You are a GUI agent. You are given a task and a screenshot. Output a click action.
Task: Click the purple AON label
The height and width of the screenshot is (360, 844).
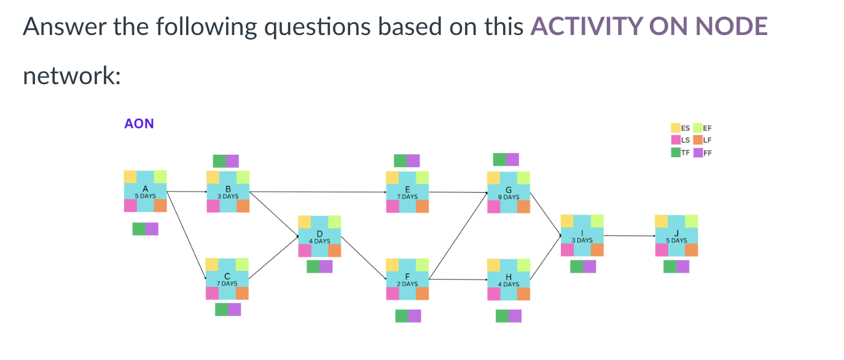point(139,124)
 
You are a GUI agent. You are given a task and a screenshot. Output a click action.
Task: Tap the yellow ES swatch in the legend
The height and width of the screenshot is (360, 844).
point(676,128)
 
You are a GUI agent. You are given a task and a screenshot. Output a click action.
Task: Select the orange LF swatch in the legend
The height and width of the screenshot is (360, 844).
point(698,140)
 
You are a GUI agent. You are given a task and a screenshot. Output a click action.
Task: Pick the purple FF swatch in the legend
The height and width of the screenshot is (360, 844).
point(698,152)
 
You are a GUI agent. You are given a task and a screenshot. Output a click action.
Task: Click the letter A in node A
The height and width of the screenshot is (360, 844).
point(145,189)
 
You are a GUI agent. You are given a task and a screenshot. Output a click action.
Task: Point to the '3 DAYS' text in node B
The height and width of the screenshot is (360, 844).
point(228,197)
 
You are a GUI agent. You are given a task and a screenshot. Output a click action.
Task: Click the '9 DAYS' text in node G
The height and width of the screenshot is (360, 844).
point(509,197)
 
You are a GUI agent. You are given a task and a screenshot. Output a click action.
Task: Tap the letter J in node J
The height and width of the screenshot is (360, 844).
point(676,233)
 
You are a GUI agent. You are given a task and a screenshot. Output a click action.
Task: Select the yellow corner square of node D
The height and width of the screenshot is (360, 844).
point(304,222)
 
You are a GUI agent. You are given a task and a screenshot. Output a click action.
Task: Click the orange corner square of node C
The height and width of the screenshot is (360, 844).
point(242,293)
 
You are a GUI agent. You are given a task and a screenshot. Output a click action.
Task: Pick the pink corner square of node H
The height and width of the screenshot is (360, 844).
point(493,294)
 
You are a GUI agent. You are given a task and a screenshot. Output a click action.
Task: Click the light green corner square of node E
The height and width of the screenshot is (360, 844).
point(422,178)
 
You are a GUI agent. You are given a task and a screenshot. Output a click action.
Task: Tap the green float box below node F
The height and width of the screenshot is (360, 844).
point(401,316)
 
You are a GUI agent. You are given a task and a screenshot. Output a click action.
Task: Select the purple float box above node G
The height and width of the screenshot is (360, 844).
point(512,160)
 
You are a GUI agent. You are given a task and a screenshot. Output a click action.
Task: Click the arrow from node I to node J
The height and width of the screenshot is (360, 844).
point(629,235)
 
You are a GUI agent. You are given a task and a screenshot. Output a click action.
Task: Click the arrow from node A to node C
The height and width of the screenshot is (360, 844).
point(186,234)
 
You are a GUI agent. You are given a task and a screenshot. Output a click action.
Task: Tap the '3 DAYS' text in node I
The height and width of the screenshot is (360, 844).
point(582,240)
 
